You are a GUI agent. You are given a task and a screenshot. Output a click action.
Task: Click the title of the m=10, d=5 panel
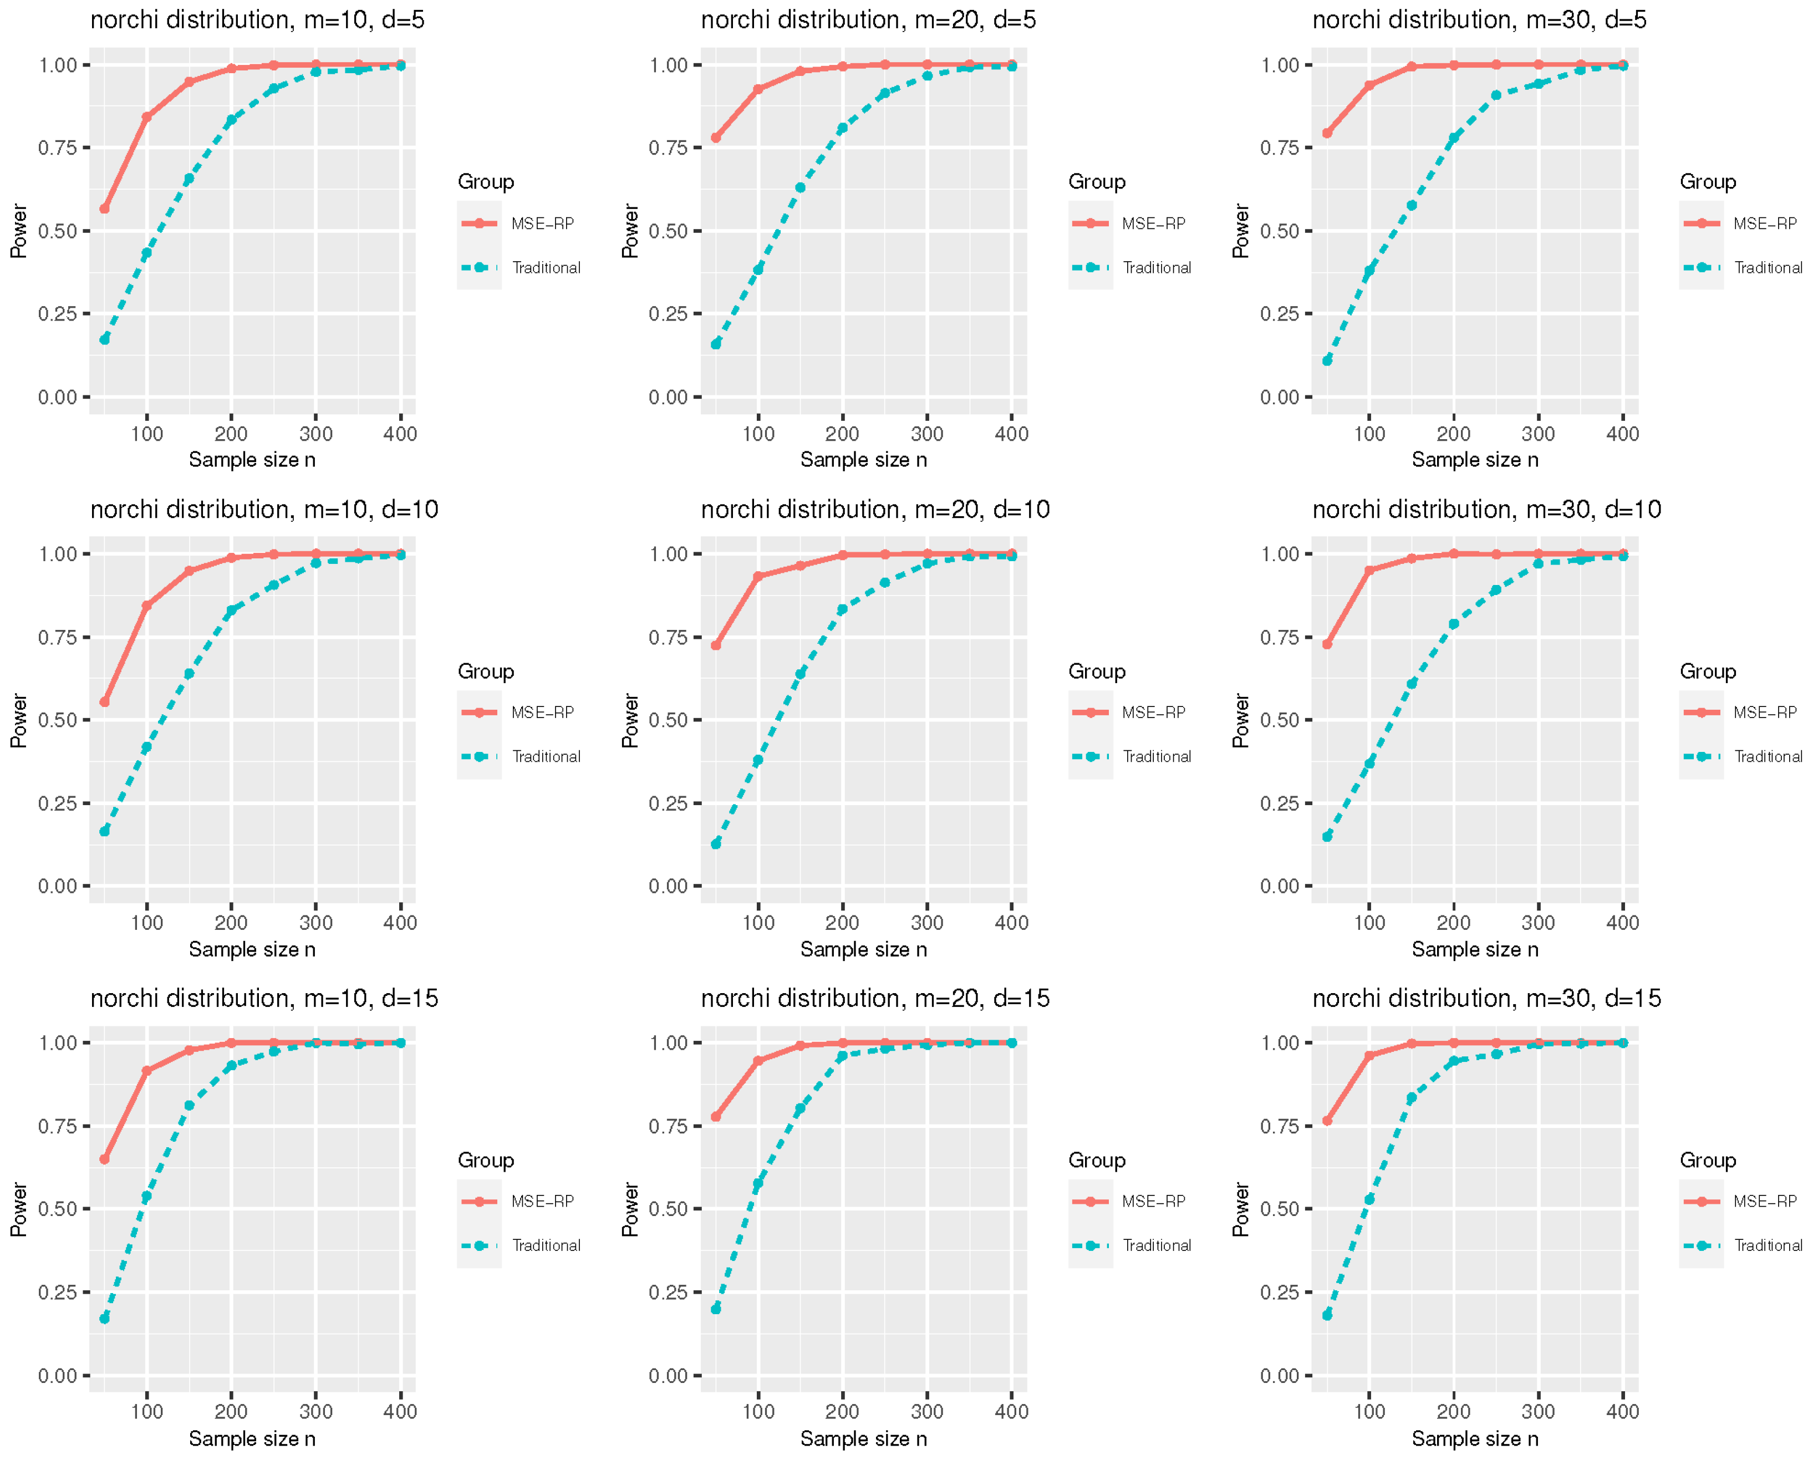[257, 19]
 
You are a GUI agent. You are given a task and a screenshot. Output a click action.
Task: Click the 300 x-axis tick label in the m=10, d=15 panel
[315, 1411]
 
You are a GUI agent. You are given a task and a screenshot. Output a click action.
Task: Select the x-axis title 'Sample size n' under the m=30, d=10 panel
[1474, 949]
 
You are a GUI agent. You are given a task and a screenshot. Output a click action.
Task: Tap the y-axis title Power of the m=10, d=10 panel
[18, 721]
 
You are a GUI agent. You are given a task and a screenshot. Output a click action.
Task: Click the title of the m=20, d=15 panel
[874, 998]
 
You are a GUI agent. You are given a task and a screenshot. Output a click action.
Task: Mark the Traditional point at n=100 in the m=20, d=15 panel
[758, 1184]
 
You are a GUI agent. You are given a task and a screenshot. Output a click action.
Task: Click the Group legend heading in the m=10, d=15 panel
[485, 1160]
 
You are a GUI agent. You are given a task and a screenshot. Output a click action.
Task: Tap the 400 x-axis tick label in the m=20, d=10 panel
[1011, 923]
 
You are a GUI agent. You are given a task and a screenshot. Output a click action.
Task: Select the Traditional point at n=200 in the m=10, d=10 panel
[231, 611]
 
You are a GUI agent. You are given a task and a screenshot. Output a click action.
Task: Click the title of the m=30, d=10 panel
[1486, 509]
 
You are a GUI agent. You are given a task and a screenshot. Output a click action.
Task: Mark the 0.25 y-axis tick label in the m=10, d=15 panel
[57, 1292]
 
